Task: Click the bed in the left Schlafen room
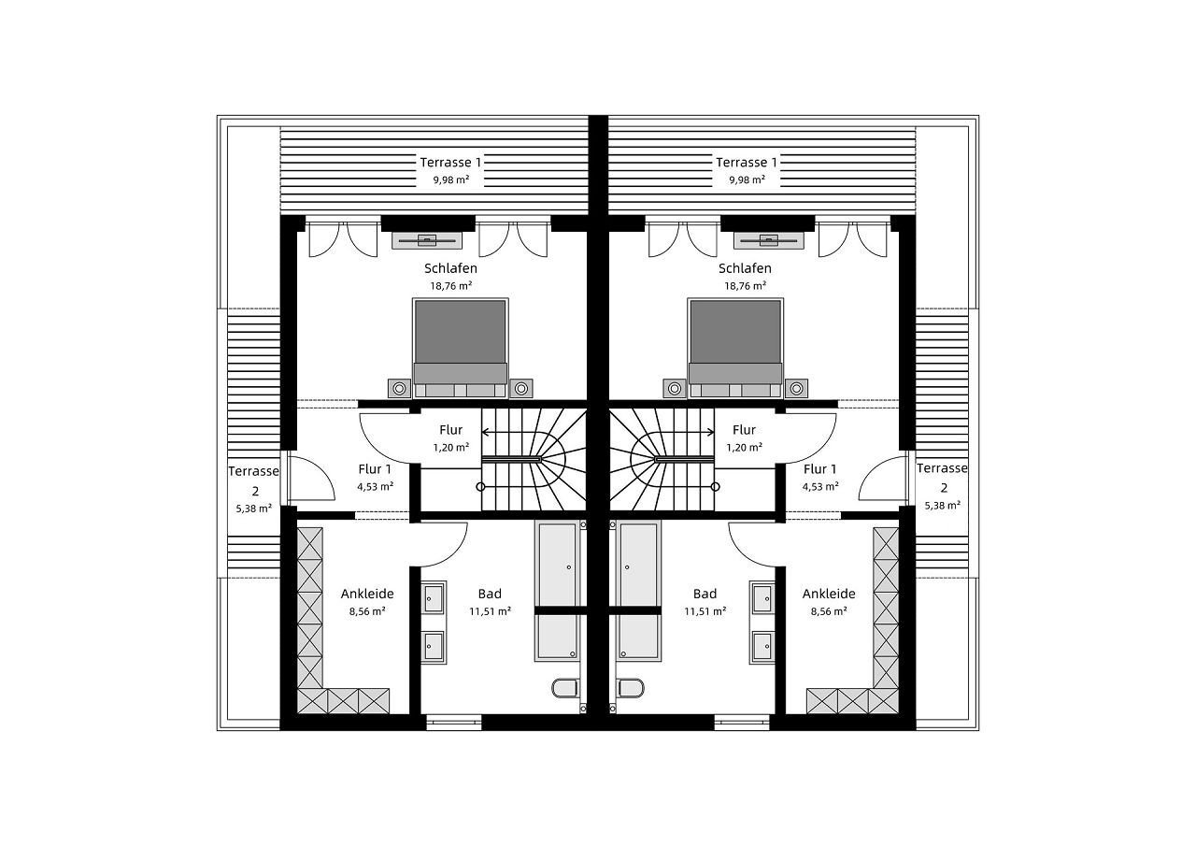(x=461, y=349)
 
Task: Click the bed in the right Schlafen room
(x=735, y=349)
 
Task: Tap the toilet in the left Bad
(x=564, y=688)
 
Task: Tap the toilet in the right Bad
(x=631, y=688)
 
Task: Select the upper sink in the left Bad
(x=433, y=598)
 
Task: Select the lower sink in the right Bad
(x=762, y=646)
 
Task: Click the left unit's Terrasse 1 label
(x=450, y=162)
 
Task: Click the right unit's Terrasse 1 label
(x=747, y=162)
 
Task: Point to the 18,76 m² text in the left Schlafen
(x=451, y=286)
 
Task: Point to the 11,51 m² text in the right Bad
(x=705, y=611)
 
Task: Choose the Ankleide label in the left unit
(x=367, y=594)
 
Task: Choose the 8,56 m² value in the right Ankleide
(x=829, y=611)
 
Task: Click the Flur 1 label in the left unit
(x=375, y=469)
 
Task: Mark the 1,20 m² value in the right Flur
(x=745, y=447)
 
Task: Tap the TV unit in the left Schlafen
(x=427, y=240)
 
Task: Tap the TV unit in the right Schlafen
(x=768, y=240)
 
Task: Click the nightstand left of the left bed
(x=399, y=389)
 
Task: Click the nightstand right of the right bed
(x=796, y=389)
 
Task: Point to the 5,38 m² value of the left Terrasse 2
(x=254, y=509)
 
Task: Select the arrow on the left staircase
(x=534, y=432)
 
